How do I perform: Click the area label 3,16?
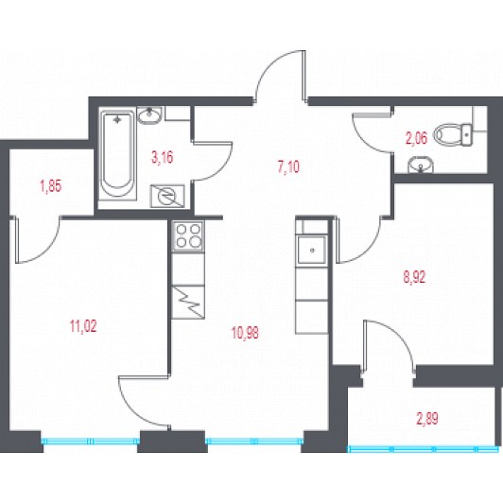coord(163,158)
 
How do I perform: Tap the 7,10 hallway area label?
coord(288,166)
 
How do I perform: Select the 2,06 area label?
coord(416,139)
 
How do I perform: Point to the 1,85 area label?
coord(51,186)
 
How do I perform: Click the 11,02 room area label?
coord(83,326)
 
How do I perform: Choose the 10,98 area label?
coord(246,333)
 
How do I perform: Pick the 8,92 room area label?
coord(414,277)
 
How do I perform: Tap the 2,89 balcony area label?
coord(427,419)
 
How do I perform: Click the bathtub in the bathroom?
coord(117,155)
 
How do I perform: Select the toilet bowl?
coord(453,134)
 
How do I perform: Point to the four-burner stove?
coord(188,236)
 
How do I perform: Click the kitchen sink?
coord(312,250)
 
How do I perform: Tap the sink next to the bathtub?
coord(149,115)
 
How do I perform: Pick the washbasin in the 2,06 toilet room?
coord(421,165)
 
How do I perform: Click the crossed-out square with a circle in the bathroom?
coord(167,197)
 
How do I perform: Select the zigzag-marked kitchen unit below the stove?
coord(188,302)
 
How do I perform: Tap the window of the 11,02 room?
coord(91,442)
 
